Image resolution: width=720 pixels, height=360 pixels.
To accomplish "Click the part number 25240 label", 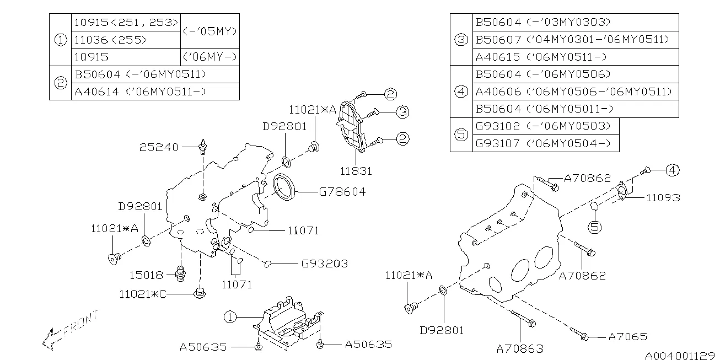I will (159, 147).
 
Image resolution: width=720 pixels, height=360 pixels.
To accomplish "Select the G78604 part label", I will (342, 192).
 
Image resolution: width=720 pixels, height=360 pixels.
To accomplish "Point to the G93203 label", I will (324, 264).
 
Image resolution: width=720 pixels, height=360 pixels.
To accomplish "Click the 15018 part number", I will (147, 274).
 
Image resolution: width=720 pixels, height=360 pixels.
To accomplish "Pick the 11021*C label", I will (142, 294).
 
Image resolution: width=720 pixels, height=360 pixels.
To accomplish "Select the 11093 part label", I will (663, 197).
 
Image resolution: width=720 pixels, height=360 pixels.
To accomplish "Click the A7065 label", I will (627, 336).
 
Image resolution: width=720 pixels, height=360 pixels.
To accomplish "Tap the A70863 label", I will (519, 348).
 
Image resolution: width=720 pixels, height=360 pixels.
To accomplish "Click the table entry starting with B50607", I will (572, 40).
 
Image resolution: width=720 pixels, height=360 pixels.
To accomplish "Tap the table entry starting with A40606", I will (573, 92).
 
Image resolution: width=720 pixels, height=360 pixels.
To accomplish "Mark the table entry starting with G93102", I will (542, 126).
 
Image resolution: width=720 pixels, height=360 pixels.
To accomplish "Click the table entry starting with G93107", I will (542, 143).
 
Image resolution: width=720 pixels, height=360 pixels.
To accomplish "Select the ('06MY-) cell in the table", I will (210, 57).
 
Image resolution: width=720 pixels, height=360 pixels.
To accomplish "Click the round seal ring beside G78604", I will (285, 186).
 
